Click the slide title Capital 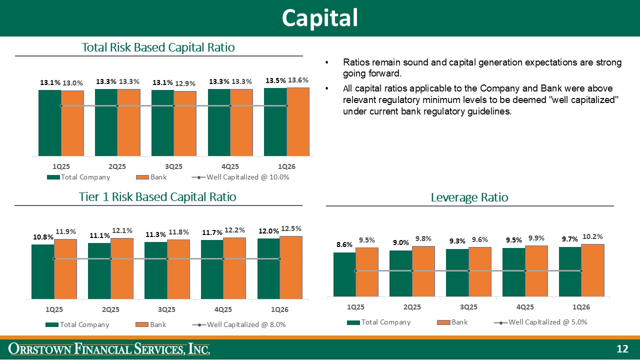click(x=319, y=18)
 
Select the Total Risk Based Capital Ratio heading click(x=158, y=47)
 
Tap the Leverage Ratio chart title click(x=469, y=197)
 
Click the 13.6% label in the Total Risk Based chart click(x=298, y=80)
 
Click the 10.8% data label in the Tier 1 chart click(x=42, y=236)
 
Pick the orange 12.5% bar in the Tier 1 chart click(x=291, y=267)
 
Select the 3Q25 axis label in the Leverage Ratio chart click(x=468, y=306)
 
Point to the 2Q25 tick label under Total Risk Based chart click(x=116, y=166)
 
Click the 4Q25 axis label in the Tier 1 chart click(x=222, y=309)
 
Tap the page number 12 click(x=622, y=349)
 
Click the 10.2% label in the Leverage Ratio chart click(x=592, y=236)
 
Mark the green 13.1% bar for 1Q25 click(x=49, y=122)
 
